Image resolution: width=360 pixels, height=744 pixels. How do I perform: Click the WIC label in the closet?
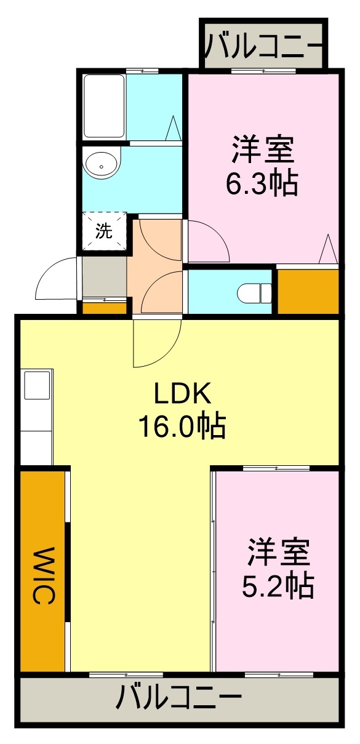click(x=43, y=576)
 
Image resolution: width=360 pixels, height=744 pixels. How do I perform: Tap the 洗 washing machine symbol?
click(x=104, y=231)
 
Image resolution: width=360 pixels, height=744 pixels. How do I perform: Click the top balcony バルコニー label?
click(x=263, y=44)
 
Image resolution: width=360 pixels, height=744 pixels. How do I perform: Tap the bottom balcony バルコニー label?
click(x=178, y=700)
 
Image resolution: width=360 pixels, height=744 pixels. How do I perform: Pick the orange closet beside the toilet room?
click(x=308, y=290)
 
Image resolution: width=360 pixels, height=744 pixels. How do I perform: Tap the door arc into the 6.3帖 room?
click(x=208, y=241)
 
